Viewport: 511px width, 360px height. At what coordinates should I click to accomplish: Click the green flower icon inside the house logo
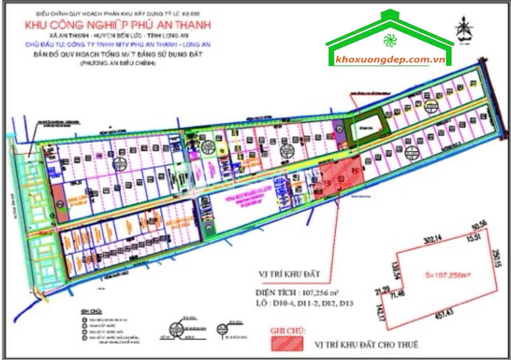tap(390, 39)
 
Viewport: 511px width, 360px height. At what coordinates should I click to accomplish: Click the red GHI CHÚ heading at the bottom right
tap(288, 331)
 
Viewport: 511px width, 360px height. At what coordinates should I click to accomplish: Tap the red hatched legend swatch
tap(288, 344)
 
